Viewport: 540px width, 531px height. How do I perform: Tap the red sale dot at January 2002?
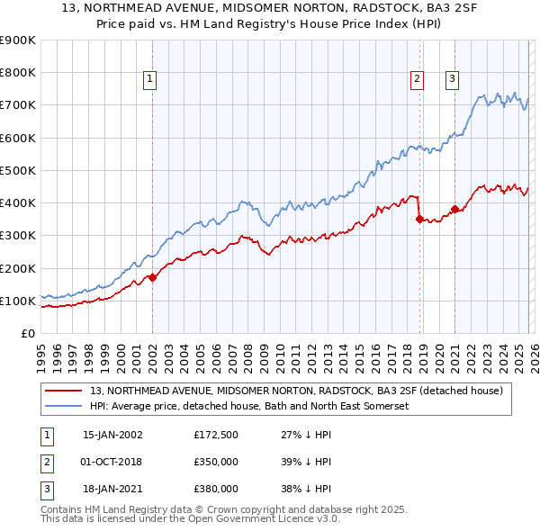click(152, 277)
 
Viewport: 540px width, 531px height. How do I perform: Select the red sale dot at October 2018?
click(419, 219)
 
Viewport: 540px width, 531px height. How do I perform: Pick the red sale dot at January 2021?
click(455, 210)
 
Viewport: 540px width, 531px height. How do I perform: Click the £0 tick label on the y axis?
click(27, 333)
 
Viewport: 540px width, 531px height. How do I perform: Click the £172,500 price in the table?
click(215, 434)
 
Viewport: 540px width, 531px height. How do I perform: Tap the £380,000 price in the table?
click(215, 490)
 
